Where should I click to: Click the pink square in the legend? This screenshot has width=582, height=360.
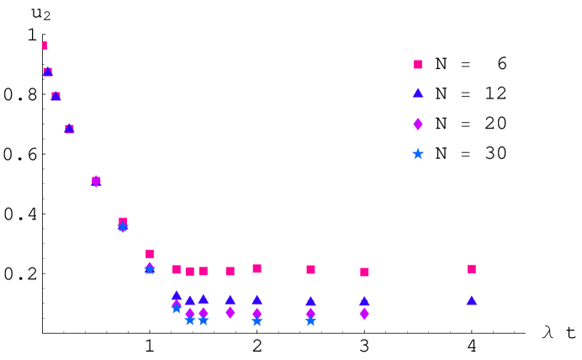(x=418, y=64)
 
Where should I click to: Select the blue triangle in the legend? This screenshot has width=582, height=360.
(x=418, y=93)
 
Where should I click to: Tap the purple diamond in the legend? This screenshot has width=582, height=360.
(x=418, y=124)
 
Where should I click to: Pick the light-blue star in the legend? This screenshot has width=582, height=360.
(x=418, y=154)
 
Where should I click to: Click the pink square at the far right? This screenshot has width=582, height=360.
(x=472, y=269)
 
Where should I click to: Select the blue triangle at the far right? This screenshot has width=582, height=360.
(x=472, y=300)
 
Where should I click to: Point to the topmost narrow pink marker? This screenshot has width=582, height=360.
(x=45, y=45)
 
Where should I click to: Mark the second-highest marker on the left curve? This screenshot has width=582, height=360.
(x=48, y=71)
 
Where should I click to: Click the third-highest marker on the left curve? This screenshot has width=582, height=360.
(x=56, y=96)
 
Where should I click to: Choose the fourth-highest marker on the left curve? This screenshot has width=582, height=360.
(x=69, y=129)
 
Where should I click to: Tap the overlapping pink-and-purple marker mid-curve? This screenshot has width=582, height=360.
(x=96, y=181)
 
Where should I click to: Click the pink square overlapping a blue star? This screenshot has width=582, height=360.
(x=123, y=223)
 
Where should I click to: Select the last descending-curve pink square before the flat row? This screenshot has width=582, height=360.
(x=150, y=253)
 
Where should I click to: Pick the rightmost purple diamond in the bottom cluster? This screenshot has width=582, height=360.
(x=364, y=314)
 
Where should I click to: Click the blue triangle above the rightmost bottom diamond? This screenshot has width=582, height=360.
(x=364, y=300)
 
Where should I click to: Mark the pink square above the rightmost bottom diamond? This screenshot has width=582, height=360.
(x=364, y=272)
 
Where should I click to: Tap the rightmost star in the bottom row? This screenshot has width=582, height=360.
(x=310, y=320)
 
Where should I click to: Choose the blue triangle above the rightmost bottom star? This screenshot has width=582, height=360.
(x=310, y=300)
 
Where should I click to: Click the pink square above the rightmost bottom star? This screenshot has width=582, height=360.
(x=310, y=269)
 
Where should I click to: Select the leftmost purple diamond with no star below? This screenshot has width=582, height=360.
(x=230, y=312)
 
